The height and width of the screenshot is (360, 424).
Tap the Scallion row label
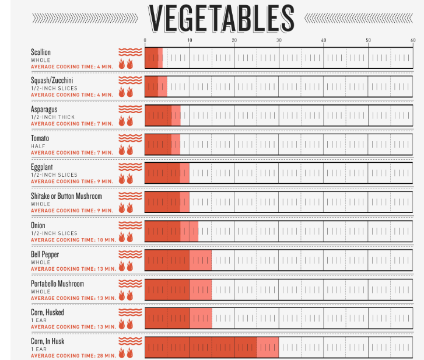(41, 53)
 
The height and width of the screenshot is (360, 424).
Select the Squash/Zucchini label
(52, 81)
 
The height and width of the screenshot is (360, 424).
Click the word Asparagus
(44, 109)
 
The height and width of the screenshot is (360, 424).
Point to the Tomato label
(40, 138)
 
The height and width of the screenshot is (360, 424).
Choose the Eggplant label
(41, 167)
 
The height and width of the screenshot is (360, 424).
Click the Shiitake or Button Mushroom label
(66, 196)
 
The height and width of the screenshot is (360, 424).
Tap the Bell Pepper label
(45, 254)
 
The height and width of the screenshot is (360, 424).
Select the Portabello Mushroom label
(57, 284)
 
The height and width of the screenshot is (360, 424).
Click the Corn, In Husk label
(47, 341)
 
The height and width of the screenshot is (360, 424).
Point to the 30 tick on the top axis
(279, 40)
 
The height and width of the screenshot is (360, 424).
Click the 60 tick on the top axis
(412, 40)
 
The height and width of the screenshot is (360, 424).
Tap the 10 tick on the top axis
(190, 40)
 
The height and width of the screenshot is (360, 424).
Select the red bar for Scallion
(153, 58)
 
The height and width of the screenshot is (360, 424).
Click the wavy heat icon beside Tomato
(129, 138)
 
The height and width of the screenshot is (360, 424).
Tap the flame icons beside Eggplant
(127, 178)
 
